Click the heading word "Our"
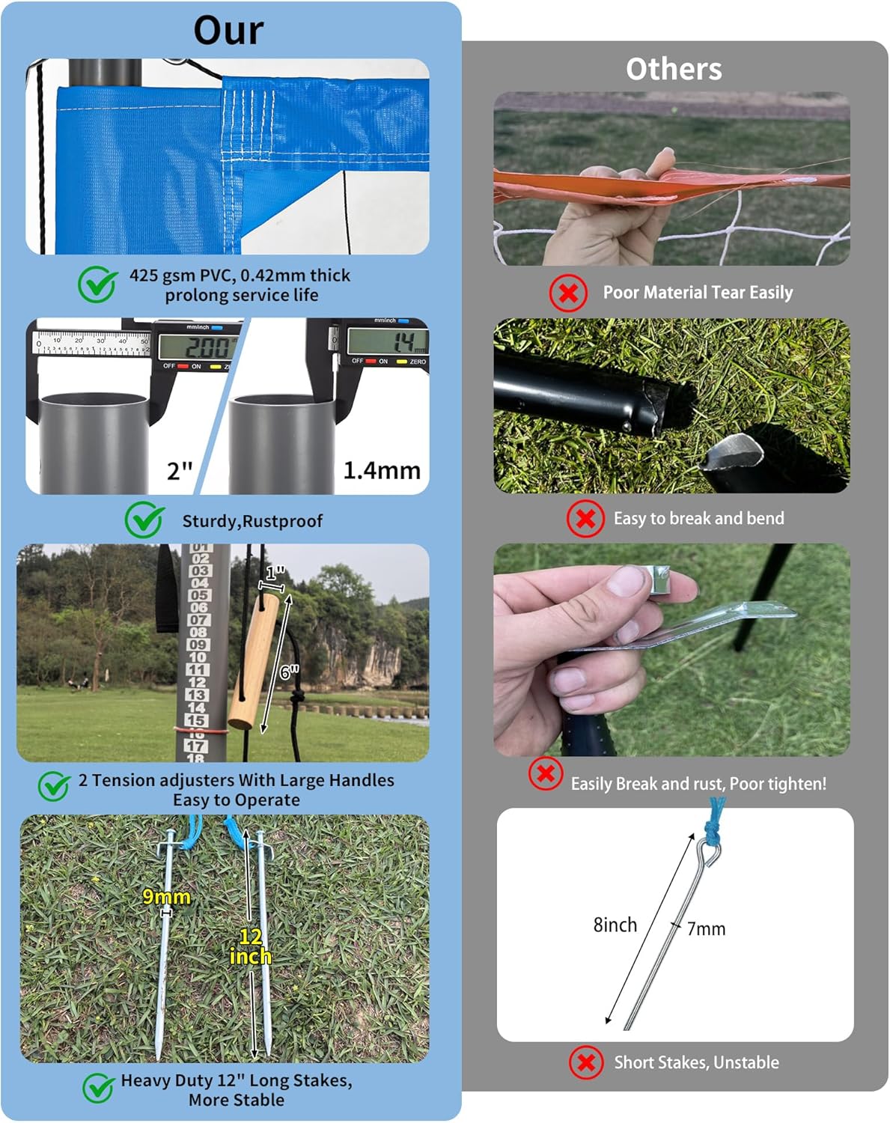tap(228, 31)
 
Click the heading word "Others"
tap(674, 69)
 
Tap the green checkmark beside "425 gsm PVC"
tap(97, 284)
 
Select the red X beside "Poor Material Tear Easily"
tap(568, 293)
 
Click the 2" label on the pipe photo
tap(180, 471)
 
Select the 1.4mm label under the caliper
tap(382, 470)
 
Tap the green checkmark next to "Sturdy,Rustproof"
tap(144, 520)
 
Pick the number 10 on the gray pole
tap(197, 657)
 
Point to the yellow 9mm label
tap(166, 896)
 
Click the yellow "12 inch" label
tap(250, 946)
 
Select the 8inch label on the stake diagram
tap(615, 925)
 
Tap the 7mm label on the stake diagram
tap(706, 928)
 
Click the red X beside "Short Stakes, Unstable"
tap(586, 1062)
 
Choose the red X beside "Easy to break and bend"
tap(585, 518)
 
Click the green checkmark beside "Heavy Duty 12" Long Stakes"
tap(98, 1089)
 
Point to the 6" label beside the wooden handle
tap(289, 672)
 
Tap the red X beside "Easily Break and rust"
tap(546, 773)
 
